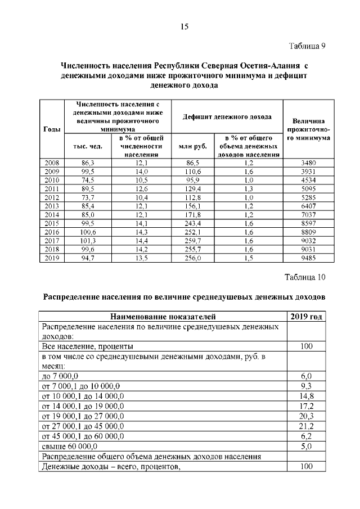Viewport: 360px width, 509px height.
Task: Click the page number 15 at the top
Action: (184, 26)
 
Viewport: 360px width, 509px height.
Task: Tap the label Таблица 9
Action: (307, 46)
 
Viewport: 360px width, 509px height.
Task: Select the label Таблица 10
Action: (305, 277)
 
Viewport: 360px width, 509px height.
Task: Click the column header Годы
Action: (52, 129)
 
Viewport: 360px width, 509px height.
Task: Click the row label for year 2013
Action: (52, 206)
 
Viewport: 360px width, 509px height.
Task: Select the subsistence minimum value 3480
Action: (308, 163)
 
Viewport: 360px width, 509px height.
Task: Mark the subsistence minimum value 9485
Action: (308, 258)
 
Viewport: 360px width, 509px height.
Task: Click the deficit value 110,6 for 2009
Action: (193, 172)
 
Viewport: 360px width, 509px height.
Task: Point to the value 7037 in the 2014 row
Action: (308, 215)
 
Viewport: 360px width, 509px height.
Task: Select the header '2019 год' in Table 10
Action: (306, 317)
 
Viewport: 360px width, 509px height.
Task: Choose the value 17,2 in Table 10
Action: (306, 406)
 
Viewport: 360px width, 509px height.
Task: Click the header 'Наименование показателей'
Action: (163, 317)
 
